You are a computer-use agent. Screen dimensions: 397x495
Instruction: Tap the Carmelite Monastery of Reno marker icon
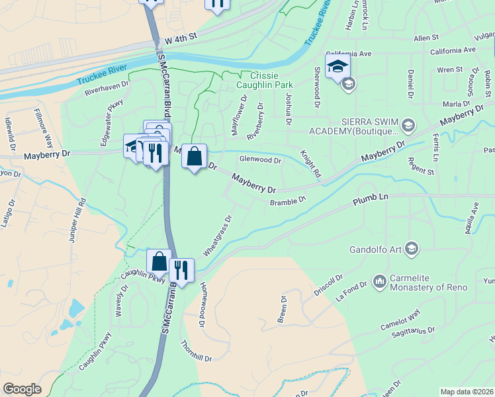click(x=380, y=281)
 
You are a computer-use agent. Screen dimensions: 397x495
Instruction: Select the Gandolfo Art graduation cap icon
click(x=411, y=248)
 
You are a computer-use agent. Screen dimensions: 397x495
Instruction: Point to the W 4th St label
click(x=181, y=40)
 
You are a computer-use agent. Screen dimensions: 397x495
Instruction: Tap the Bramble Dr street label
click(x=288, y=200)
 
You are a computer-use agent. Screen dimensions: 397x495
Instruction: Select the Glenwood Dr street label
click(x=260, y=159)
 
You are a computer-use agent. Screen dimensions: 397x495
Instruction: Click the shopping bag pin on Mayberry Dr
click(x=194, y=157)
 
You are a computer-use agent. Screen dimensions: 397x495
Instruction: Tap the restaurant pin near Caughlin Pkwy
click(x=181, y=269)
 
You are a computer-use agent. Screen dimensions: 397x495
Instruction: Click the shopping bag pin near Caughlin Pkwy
click(x=159, y=261)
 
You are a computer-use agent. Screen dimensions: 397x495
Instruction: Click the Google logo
click(x=22, y=389)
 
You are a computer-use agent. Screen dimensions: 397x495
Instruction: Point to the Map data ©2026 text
click(x=467, y=392)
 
